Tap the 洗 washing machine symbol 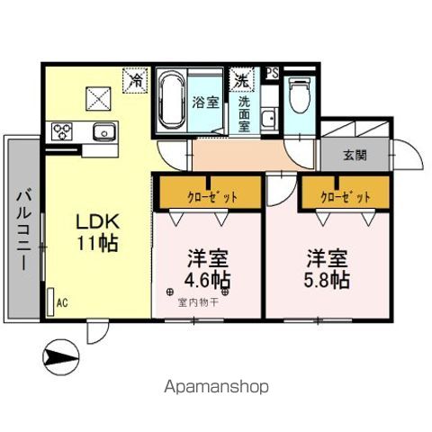(x=241, y=78)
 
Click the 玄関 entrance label (x=354, y=155)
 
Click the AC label (x=61, y=303)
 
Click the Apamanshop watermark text (x=216, y=387)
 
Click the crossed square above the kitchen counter (x=96, y=94)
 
